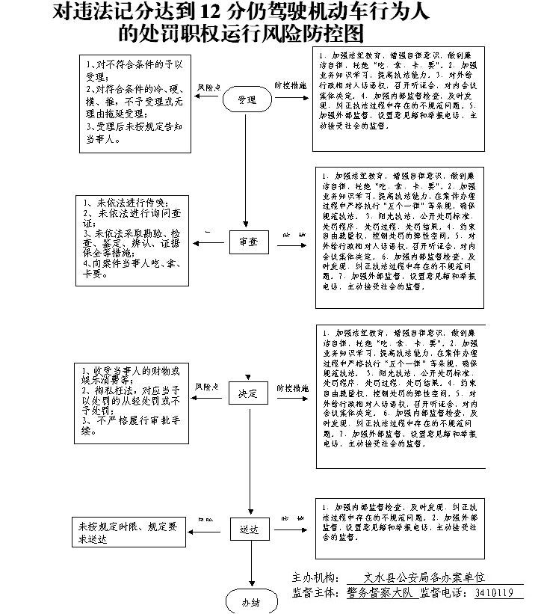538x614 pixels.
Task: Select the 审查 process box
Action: pyautogui.click(x=248, y=242)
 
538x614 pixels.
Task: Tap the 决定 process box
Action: pyautogui.click(x=248, y=393)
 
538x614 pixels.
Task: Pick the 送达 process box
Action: pyautogui.click(x=248, y=529)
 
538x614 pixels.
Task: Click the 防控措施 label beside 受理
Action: pyautogui.click(x=291, y=87)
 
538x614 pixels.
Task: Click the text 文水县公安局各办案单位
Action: pyautogui.click(x=424, y=577)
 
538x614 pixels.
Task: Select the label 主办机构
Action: pyautogui.click(x=314, y=577)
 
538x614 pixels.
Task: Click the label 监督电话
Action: pyautogui.click(x=444, y=593)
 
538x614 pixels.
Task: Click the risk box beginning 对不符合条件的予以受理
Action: pyautogui.click(x=132, y=103)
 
